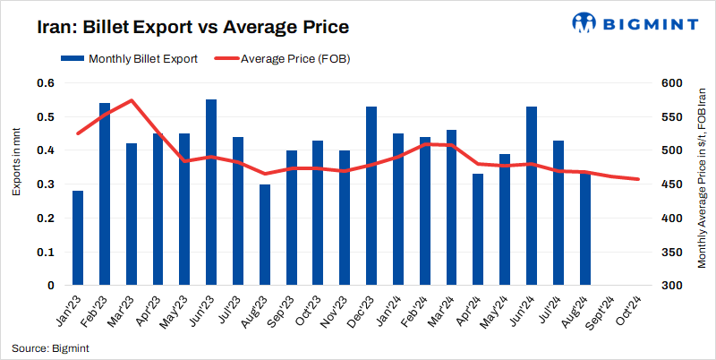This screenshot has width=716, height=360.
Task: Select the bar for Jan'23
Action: pos(78,238)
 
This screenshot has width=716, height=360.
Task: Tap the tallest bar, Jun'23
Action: pos(211,193)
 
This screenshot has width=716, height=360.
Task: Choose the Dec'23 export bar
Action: pos(371,196)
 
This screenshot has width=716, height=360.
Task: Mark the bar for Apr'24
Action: pos(478,230)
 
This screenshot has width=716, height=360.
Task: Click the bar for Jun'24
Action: pos(532,196)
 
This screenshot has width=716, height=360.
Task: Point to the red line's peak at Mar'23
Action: pos(132,100)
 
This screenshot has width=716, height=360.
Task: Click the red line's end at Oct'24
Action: pos(638,179)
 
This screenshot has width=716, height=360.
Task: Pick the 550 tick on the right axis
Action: pos(671,117)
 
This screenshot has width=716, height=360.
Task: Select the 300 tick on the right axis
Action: pos(671,286)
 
